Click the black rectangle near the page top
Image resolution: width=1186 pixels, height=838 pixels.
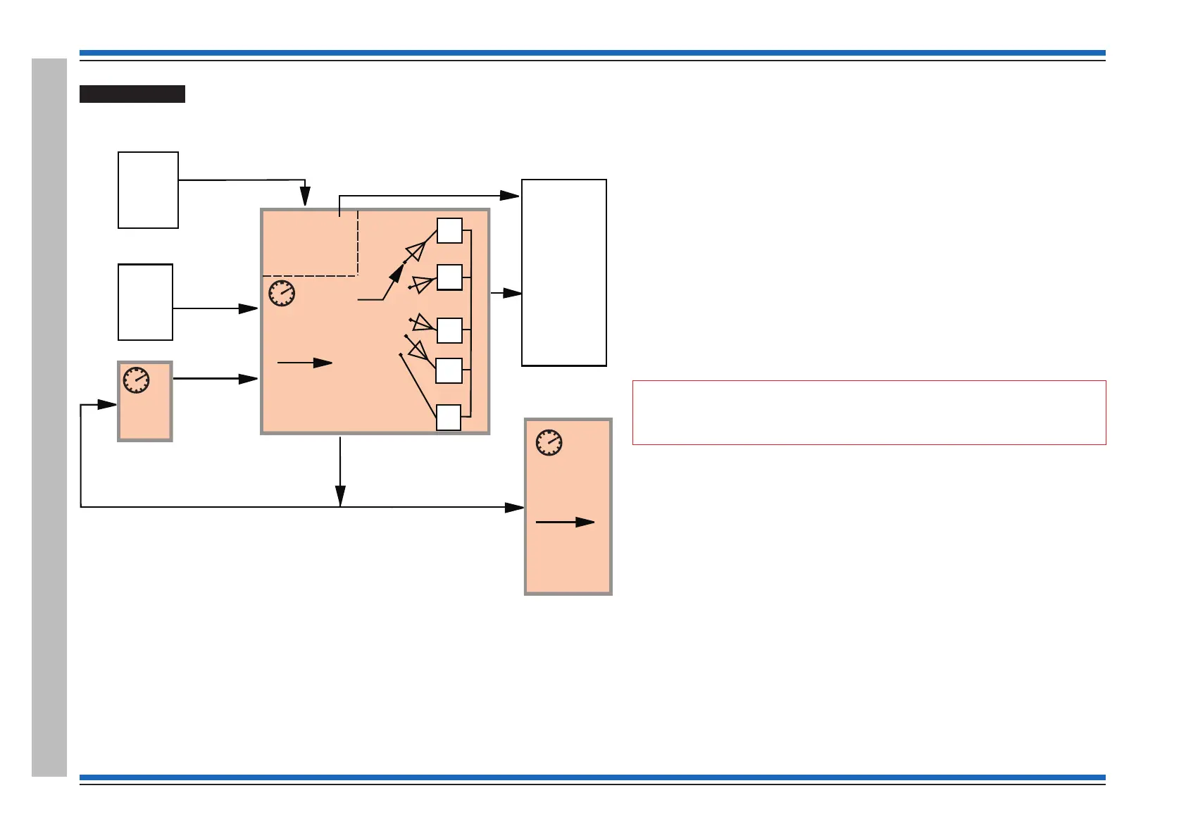point(132,94)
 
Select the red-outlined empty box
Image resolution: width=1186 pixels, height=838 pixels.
point(869,413)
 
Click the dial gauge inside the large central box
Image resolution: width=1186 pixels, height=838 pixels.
point(282,293)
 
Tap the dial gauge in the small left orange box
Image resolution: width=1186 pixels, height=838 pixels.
point(136,380)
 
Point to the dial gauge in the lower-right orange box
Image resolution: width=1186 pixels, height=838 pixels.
point(549,442)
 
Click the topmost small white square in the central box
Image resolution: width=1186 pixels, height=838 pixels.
point(449,230)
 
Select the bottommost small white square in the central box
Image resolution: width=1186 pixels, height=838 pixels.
point(449,418)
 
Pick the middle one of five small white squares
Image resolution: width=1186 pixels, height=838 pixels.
point(449,330)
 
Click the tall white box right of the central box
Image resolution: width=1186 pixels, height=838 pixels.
point(563,273)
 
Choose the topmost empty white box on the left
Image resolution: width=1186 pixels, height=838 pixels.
point(148,190)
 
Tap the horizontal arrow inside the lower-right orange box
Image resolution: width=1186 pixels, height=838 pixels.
point(565,522)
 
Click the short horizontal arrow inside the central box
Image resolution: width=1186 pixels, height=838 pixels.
point(304,363)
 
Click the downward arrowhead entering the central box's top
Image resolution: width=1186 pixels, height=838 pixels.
point(305,196)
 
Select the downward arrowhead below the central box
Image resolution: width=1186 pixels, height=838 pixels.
point(340,496)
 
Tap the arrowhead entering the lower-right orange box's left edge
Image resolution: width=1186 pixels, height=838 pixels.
point(516,507)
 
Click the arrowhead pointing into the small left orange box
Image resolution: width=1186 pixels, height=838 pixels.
point(108,404)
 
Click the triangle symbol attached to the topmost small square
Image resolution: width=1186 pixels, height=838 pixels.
point(416,251)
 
